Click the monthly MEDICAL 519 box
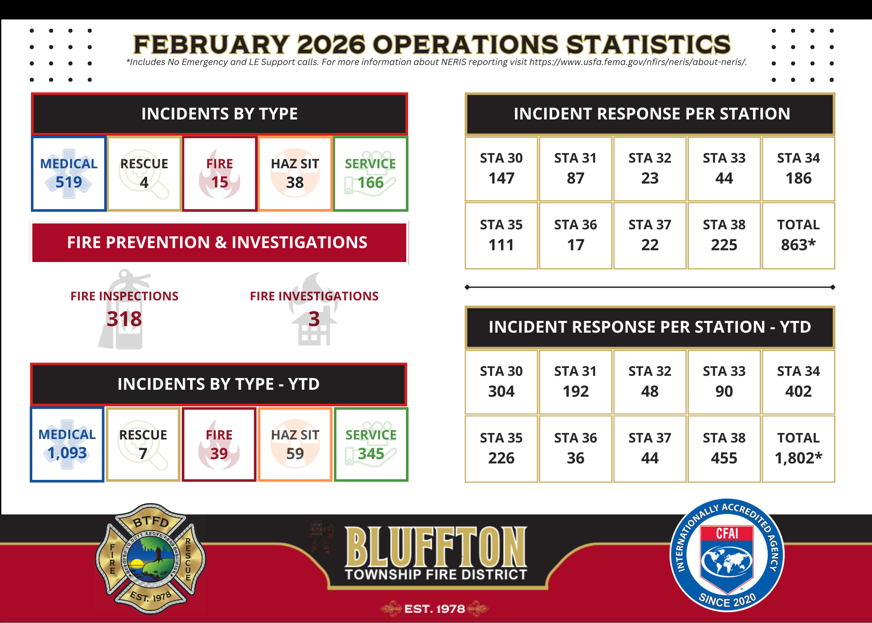tap(69, 174)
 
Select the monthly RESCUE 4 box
tap(144, 174)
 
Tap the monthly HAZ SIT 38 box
tap(295, 174)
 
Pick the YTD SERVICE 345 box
tap(371, 444)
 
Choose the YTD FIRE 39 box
tap(219, 444)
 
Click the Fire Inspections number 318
tap(124, 319)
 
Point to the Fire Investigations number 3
tap(314, 319)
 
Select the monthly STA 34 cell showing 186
tap(798, 169)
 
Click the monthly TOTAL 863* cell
tap(798, 235)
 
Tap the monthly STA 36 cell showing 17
tap(576, 235)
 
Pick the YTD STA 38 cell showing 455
tap(724, 449)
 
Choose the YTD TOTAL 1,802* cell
tap(798, 449)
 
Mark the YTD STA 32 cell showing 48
tap(650, 382)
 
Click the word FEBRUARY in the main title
tap(211, 44)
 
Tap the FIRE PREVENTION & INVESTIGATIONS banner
tap(219, 242)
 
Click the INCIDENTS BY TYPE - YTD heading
tap(219, 384)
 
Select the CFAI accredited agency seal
tap(727, 555)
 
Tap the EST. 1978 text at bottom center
tap(435, 609)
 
